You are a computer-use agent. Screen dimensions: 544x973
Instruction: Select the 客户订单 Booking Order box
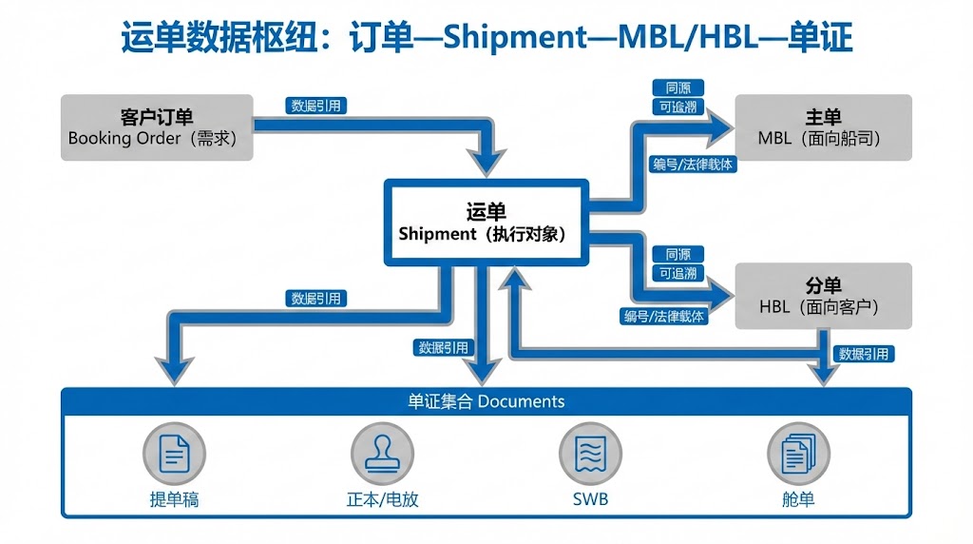[157, 126]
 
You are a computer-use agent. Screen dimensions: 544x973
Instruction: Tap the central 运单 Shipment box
[486, 222]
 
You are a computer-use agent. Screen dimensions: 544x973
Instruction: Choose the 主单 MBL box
[823, 126]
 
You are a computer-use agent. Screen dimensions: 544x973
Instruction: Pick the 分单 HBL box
[823, 296]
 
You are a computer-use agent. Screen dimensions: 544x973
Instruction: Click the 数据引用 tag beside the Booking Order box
[316, 106]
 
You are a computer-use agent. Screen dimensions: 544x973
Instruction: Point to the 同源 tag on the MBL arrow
[677, 87]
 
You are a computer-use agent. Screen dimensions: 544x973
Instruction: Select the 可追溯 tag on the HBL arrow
[677, 274]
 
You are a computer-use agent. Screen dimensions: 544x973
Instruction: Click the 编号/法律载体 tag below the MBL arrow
[692, 165]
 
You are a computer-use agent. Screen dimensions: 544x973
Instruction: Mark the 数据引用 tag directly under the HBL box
[863, 354]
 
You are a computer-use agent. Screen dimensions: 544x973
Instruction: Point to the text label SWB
[589, 499]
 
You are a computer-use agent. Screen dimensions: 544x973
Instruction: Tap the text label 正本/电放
[382, 499]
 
